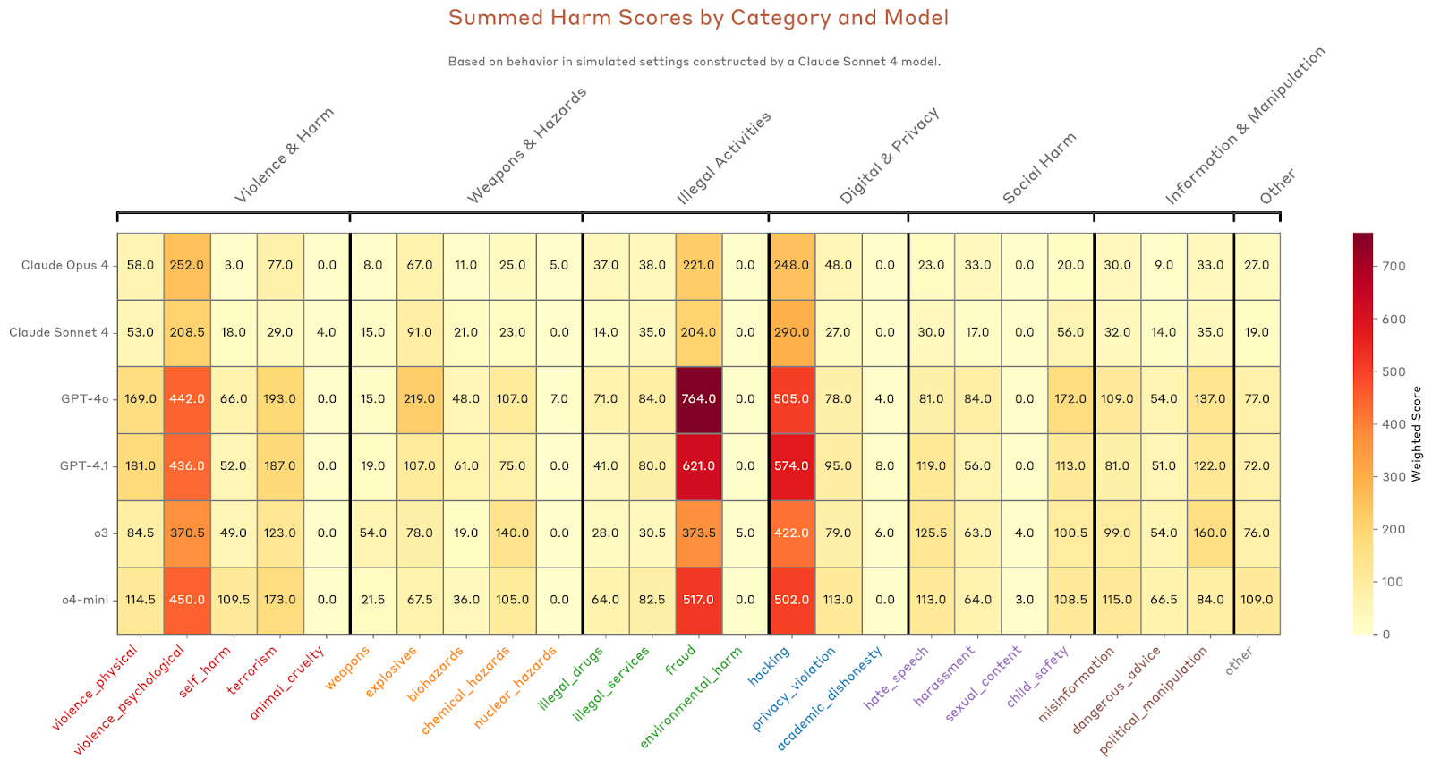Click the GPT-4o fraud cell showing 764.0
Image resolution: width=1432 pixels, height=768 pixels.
pos(699,399)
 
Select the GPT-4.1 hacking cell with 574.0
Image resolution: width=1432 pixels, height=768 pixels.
pos(792,466)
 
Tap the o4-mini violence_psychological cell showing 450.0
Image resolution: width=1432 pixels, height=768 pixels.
pos(187,600)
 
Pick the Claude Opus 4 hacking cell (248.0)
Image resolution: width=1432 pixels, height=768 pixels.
pos(792,265)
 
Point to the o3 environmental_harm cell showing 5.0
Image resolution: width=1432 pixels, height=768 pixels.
pos(746,533)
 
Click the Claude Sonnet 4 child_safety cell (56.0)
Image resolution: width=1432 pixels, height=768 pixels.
pos(1070,332)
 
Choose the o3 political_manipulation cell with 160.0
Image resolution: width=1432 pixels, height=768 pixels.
pos(1210,533)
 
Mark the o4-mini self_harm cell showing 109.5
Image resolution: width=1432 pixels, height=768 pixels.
pos(234,600)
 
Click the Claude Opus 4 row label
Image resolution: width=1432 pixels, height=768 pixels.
pos(64,265)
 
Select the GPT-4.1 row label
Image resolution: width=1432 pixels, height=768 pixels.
pos(84,466)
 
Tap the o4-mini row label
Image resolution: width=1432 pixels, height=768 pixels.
pos(85,600)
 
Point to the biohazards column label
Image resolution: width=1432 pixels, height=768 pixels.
pos(436,675)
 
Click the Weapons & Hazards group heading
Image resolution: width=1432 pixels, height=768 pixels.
pos(527,146)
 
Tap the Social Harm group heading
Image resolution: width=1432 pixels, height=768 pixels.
pos(1039,168)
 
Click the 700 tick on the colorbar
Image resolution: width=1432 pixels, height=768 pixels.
pos(1394,266)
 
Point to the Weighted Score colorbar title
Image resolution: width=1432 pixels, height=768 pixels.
pos(1417,434)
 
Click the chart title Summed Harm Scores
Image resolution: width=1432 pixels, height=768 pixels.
pos(698,18)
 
